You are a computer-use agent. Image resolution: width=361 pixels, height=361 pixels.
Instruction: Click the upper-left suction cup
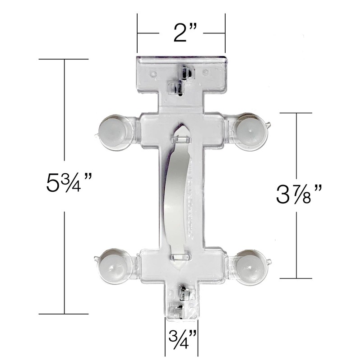pyautogui.click(x=112, y=132)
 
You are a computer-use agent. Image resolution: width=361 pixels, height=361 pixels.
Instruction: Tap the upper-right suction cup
pyautogui.click(x=250, y=132)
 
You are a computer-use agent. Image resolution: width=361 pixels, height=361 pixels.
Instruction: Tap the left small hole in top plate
pyautogui.click(x=153, y=73)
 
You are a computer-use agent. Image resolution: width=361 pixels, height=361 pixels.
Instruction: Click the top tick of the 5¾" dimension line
pyautogui.click(x=64, y=59)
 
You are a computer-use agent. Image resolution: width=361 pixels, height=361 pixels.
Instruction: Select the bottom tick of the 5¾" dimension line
pyautogui.click(x=64, y=314)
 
